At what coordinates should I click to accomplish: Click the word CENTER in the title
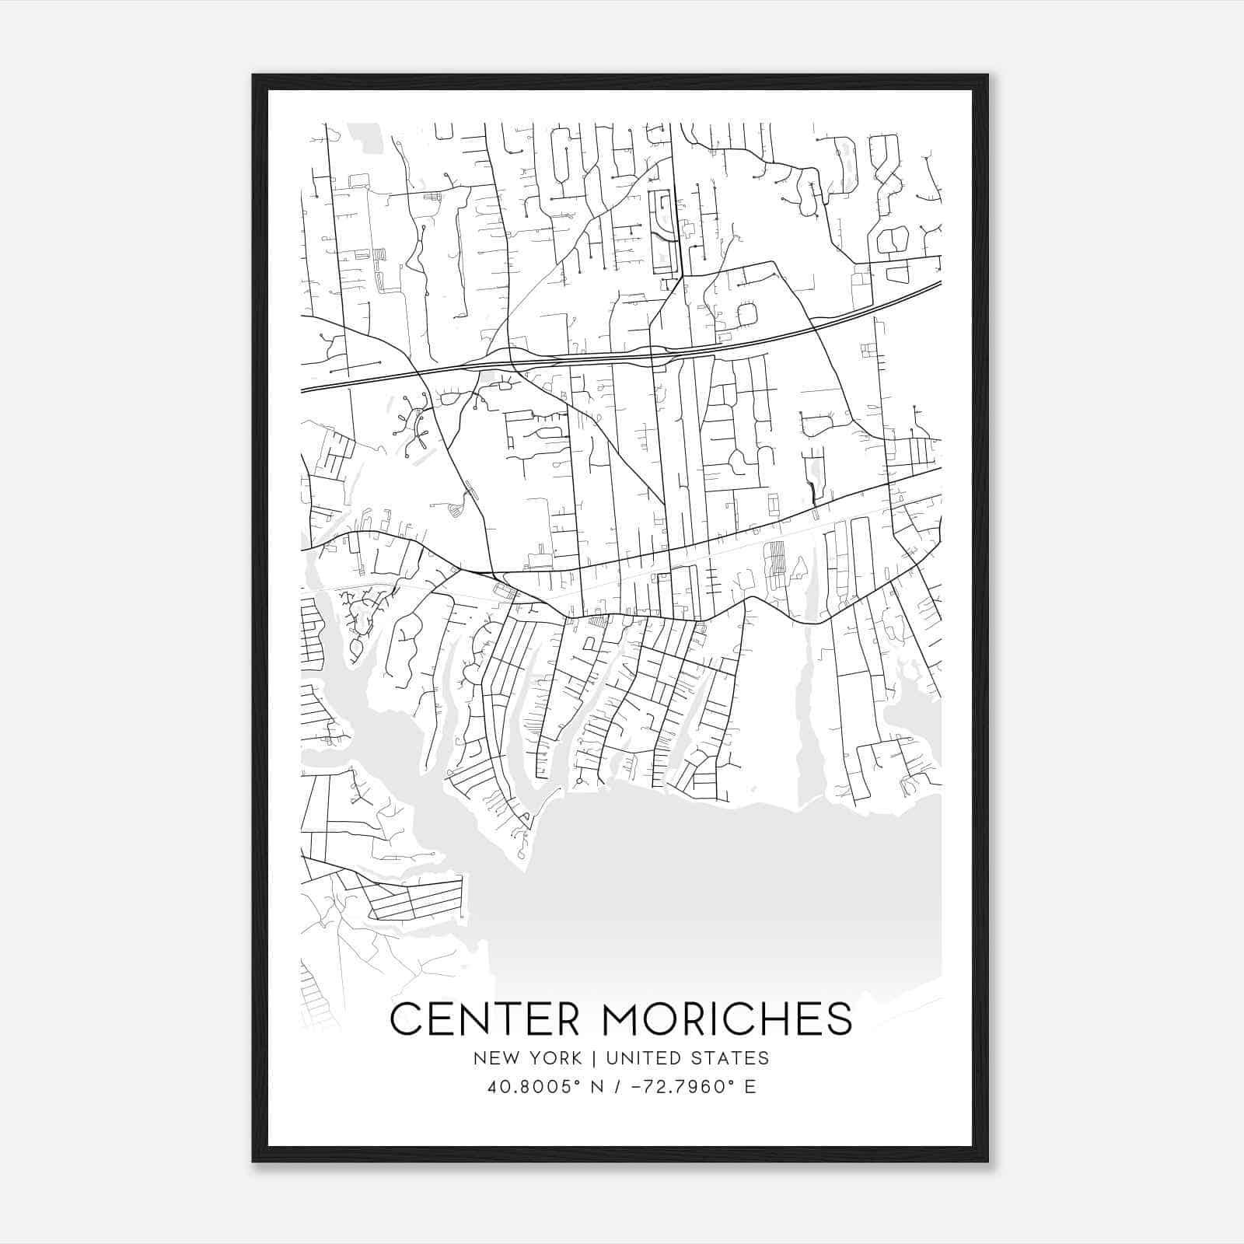click(x=484, y=1019)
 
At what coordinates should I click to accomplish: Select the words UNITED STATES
click(x=687, y=1058)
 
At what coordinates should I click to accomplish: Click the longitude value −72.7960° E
click(x=693, y=1087)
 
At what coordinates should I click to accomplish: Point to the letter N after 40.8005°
click(x=597, y=1087)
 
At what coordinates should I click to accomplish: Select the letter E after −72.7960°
click(x=750, y=1087)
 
